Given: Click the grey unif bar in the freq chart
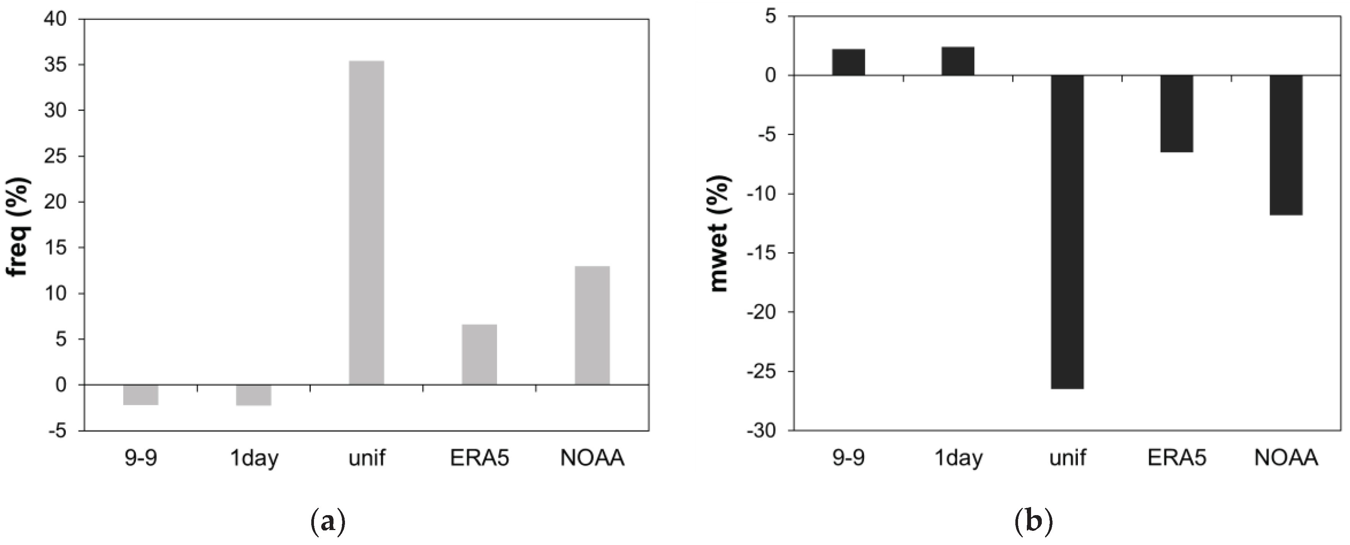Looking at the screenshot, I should [366, 223].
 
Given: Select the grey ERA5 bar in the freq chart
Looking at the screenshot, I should [479, 354].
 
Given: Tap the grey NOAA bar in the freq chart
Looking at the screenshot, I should [592, 326].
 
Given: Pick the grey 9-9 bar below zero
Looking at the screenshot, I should [141, 394].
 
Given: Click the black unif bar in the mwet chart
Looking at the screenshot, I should [1067, 232].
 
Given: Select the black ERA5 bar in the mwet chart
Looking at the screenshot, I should [1177, 114].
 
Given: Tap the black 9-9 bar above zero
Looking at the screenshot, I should [848, 62].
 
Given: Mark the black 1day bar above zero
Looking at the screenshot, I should [958, 61].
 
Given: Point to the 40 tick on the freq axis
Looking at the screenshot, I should [55, 20].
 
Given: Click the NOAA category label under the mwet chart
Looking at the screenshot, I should [1286, 458].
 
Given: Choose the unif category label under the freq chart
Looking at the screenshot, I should [366, 458].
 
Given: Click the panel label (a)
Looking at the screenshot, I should [329, 522].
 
